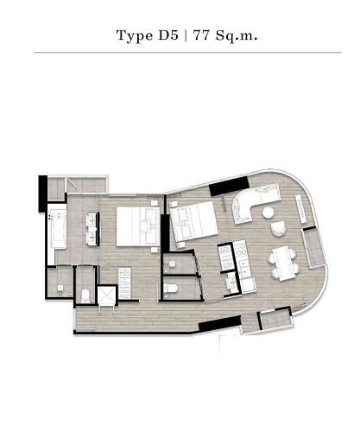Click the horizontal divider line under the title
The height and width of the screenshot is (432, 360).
pyautogui.click(x=180, y=53)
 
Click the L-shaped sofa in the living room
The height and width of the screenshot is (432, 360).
pyautogui.click(x=252, y=206)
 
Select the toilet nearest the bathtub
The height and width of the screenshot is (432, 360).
pyautogui.click(x=85, y=295)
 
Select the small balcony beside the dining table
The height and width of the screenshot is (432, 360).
pyautogui.click(x=270, y=321)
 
